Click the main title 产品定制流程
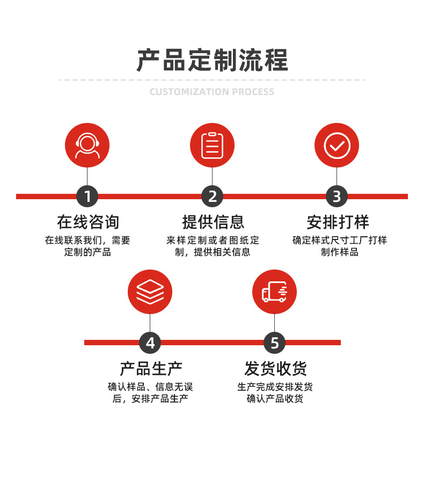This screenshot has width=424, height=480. point(212,60)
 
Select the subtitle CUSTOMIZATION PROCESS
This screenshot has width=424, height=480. point(212,92)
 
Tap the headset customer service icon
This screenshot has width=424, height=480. point(87,146)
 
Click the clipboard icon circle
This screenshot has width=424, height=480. point(212,146)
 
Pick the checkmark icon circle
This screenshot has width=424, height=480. point(337,146)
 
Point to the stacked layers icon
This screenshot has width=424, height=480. point(150,292)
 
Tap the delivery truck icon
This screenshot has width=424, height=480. point(274,292)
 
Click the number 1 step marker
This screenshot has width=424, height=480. point(87,197)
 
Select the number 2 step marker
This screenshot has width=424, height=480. point(212,197)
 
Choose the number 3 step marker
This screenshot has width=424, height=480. point(337,197)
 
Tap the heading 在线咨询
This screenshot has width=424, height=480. point(87,222)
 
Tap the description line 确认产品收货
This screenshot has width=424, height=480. point(275,399)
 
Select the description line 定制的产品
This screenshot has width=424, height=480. point(87,252)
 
